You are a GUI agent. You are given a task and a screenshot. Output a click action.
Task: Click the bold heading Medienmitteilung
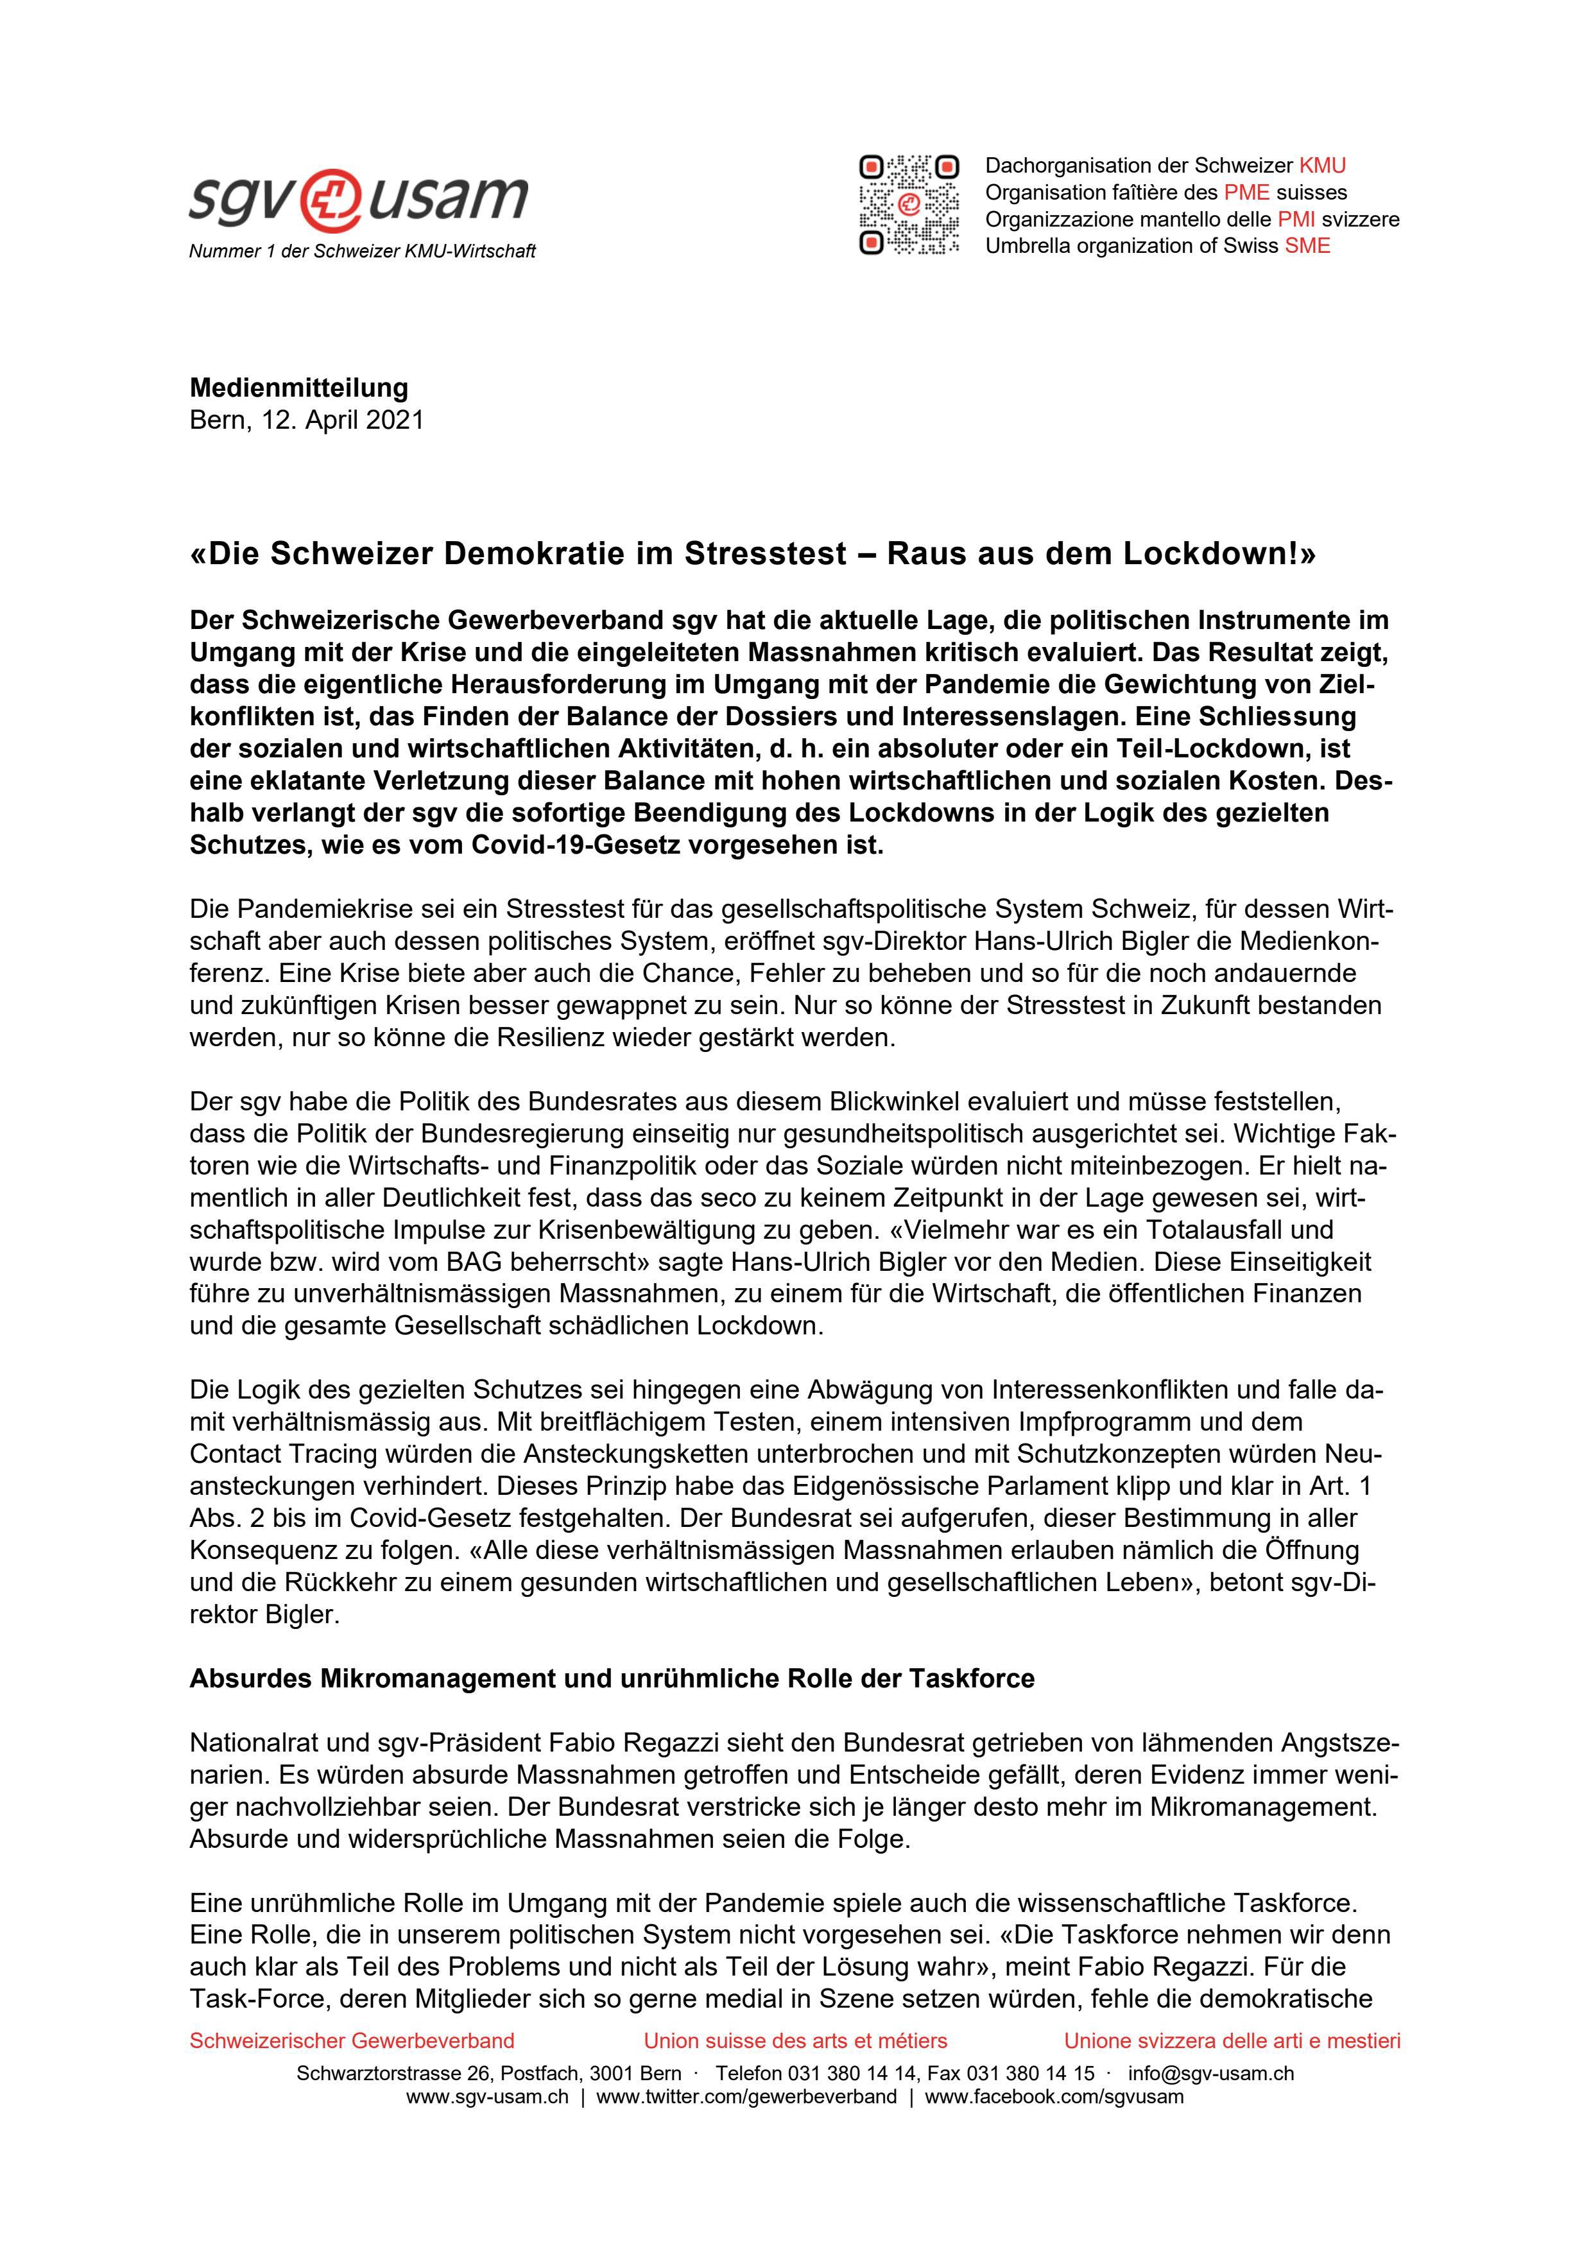point(299,388)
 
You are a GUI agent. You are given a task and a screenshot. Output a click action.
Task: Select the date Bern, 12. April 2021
point(307,420)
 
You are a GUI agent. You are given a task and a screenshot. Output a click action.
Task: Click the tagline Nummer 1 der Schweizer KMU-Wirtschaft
point(363,252)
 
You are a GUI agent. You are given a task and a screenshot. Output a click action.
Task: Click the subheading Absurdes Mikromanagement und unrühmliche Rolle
point(612,1679)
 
